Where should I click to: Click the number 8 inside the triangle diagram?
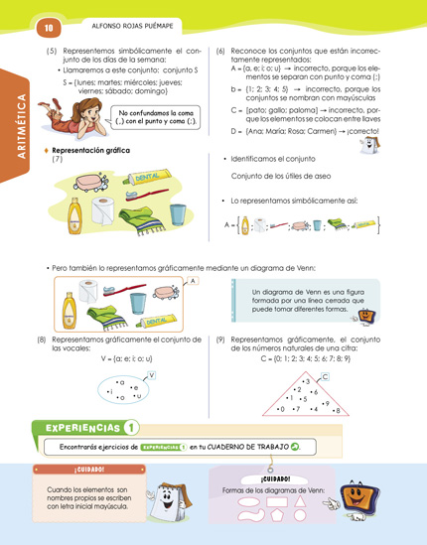[337, 410]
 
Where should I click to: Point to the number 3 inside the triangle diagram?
[307, 382]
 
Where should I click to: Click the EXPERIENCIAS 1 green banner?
[86, 429]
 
